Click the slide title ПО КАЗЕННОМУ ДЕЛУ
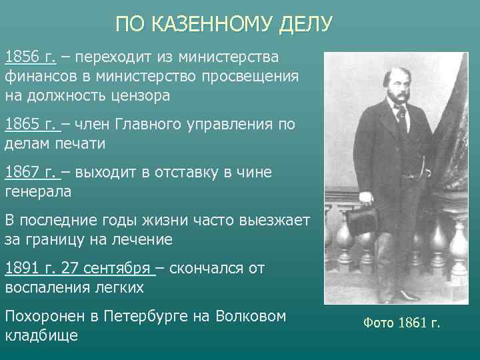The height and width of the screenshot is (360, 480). click(223, 25)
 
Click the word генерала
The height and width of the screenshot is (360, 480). click(37, 191)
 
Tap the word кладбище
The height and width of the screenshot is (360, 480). click(41, 335)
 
